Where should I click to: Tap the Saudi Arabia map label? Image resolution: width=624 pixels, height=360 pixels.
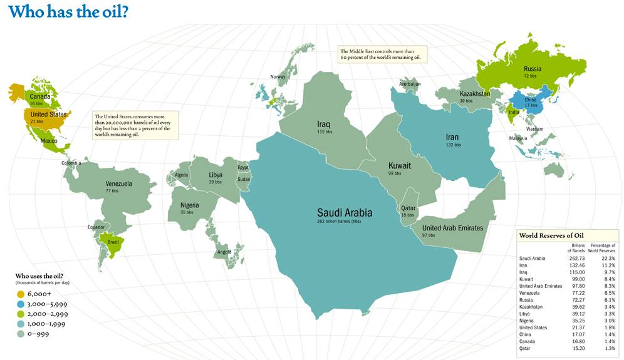tap(344, 212)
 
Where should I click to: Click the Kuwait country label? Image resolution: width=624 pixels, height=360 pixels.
tap(399, 166)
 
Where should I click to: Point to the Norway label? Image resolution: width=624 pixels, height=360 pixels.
tap(278, 77)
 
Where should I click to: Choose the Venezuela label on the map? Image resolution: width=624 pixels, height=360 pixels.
tap(118, 184)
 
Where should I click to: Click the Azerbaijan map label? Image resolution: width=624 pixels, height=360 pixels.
tap(410, 84)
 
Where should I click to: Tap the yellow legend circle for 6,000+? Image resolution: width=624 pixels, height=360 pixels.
tap(20, 294)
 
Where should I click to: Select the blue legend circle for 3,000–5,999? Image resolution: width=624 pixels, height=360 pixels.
tap(20, 304)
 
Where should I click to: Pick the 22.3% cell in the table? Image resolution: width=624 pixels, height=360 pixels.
tap(608, 258)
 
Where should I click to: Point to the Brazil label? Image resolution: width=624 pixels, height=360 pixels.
tap(113, 242)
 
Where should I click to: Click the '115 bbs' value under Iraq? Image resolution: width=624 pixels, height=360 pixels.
tap(325, 132)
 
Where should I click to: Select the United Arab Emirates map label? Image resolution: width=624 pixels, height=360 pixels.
tap(452, 228)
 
